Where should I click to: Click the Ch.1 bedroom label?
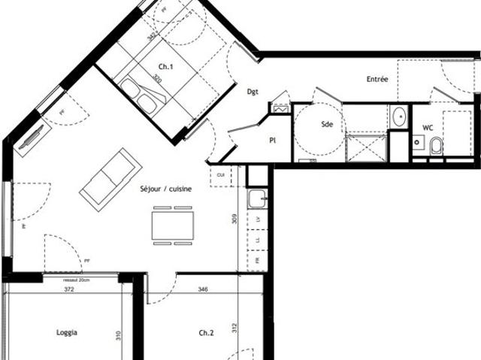(x=166, y=66)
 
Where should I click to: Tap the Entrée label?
(x=377, y=79)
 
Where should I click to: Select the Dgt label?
(x=253, y=92)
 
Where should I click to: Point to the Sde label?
(x=327, y=125)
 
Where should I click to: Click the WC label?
(x=428, y=127)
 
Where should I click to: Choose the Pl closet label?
(x=274, y=140)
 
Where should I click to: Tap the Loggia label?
(x=67, y=331)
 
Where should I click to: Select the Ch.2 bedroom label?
(x=207, y=332)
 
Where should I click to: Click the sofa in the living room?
(x=110, y=176)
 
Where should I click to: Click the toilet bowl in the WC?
(x=436, y=147)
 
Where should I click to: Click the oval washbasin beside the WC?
(x=399, y=116)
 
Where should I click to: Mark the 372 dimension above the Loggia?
(x=68, y=289)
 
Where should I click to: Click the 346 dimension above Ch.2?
(x=203, y=289)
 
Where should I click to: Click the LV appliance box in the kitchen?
(x=258, y=219)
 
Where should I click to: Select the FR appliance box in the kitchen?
(x=258, y=259)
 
